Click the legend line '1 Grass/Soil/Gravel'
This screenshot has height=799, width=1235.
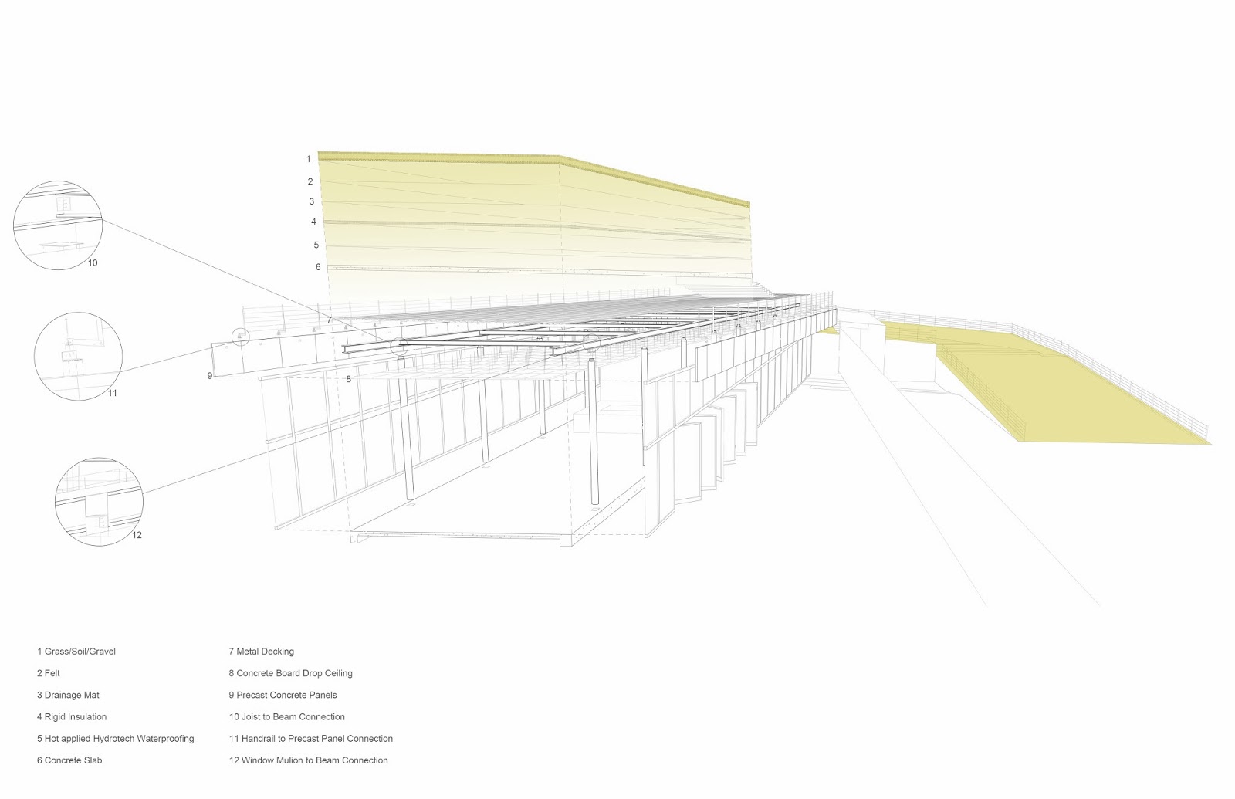coord(76,652)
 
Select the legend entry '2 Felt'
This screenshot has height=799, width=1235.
coord(49,673)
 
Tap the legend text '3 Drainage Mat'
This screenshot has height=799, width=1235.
coord(68,695)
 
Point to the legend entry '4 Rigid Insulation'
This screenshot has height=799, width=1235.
coord(72,716)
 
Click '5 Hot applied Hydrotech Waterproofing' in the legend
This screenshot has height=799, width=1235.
coord(116,739)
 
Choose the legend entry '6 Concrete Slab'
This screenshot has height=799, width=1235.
coord(69,760)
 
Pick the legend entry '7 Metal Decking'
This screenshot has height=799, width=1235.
coord(262,652)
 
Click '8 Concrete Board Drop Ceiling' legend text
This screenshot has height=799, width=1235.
coord(291,673)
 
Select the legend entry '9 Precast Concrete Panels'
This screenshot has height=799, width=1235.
coord(283,695)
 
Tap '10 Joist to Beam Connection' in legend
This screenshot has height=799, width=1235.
coord(287,716)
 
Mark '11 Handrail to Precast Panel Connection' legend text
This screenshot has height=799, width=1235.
coord(311,739)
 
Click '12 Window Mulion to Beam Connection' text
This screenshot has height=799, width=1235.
coord(309,760)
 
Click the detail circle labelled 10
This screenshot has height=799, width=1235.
coord(59,224)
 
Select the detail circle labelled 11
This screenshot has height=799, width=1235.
coord(78,354)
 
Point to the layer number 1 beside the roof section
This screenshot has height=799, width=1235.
coord(308,159)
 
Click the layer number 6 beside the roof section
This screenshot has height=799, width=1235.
coord(317,267)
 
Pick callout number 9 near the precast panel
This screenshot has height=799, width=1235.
coord(209,375)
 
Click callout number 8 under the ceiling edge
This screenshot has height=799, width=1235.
coord(349,379)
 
